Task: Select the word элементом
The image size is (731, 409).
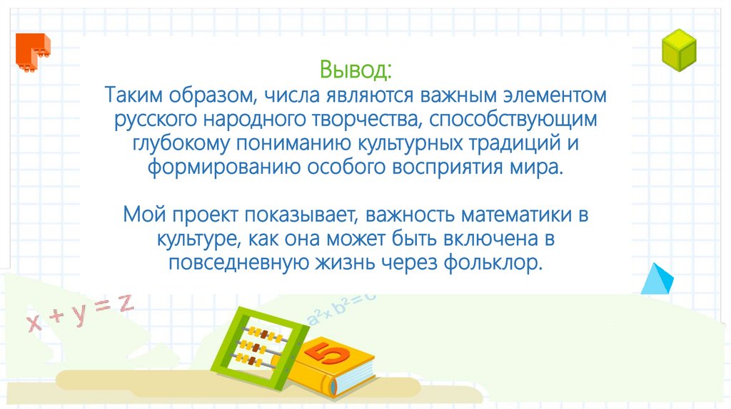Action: pyautogui.click(x=547, y=95)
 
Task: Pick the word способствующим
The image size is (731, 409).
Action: pyautogui.click(x=527, y=119)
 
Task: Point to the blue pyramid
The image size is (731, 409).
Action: pyautogui.click(x=657, y=279)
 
